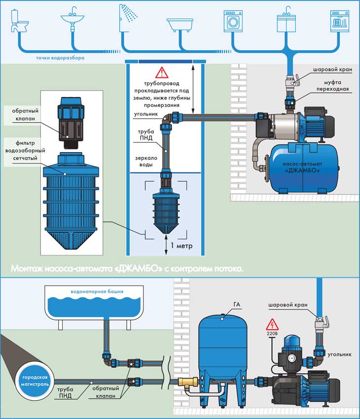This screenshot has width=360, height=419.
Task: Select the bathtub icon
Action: [x=180, y=25]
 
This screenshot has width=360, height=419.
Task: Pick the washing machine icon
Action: [x=233, y=21]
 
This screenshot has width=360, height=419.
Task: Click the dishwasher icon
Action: [x=340, y=21]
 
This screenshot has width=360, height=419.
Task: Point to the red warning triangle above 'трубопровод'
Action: [x=162, y=72]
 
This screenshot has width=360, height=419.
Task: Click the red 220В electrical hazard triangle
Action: [x=272, y=324]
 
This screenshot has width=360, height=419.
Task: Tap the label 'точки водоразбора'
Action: [x=60, y=58]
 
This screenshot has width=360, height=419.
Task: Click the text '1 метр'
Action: [x=182, y=245]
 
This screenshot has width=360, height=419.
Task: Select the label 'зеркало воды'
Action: [x=146, y=161]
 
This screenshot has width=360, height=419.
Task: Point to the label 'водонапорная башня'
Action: [x=97, y=291]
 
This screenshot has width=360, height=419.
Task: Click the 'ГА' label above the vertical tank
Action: [x=237, y=304]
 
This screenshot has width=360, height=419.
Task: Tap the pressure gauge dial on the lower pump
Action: [x=291, y=358]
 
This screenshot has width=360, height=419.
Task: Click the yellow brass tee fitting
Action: [x=187, y=382]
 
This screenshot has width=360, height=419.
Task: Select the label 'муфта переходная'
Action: [x=333, y=86]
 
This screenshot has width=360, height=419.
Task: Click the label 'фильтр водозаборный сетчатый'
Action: [x=25, y=150]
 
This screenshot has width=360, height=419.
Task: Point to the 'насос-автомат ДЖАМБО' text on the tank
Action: [x=302, y=167]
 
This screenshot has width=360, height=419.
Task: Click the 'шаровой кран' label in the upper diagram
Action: [x=333, y=70]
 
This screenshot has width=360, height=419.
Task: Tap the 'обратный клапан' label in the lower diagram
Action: [x=106, y=392]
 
